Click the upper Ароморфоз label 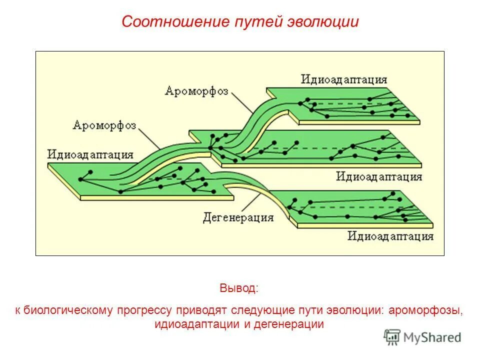[x=196, y=91]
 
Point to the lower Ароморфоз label [x=104, y=124]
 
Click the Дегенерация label [x=238, y=217]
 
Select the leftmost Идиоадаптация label [x=90, y=153]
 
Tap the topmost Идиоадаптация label [x=344, y=79]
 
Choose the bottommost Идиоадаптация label [x=390, y=235]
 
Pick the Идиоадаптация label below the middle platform [x=378, y=176]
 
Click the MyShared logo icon [x=392, y=337]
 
